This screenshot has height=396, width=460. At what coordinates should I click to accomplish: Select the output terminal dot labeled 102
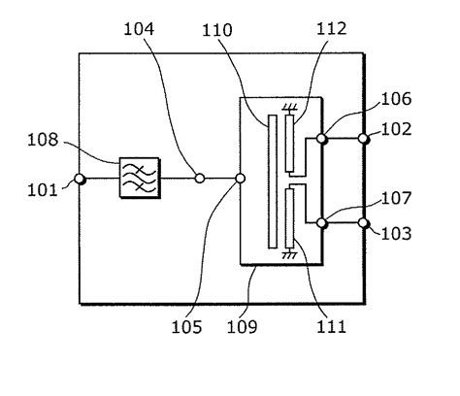coord(364,140)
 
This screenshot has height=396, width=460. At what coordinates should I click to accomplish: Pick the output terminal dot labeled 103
coord(364,223)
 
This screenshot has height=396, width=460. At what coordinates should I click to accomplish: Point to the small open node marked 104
coord(200,178)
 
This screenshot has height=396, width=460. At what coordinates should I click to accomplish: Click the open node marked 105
coord(241,178)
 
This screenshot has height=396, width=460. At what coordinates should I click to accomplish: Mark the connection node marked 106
coord(322,140)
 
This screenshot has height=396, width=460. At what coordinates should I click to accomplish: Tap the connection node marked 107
coord(322,223)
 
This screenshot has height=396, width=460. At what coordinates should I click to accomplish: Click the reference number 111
coord(330,326)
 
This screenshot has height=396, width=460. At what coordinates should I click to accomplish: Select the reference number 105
coord(190,326)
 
